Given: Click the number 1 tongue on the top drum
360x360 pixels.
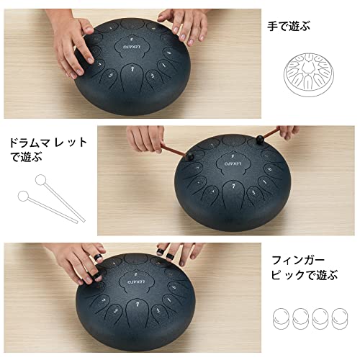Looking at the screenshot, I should [x=132, y=70].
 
